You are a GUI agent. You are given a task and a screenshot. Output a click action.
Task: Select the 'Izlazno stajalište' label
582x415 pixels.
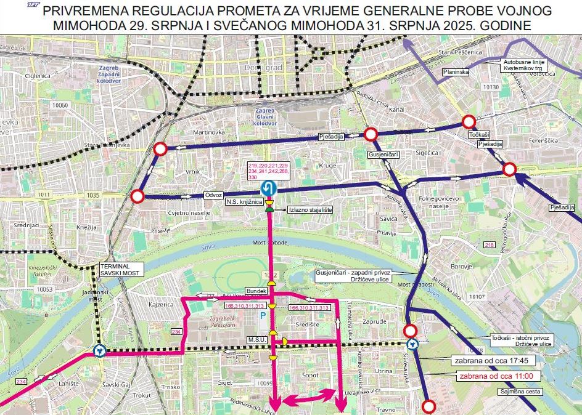click(311, 210)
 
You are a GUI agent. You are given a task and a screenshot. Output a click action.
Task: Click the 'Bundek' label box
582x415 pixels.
click(256, 291)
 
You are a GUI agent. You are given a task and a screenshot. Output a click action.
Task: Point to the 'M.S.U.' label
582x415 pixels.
click(256, 339)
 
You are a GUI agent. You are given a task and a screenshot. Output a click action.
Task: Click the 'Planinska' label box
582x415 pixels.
click(456, 72)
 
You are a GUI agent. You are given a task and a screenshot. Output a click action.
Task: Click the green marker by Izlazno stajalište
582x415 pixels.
click(269, 209)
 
